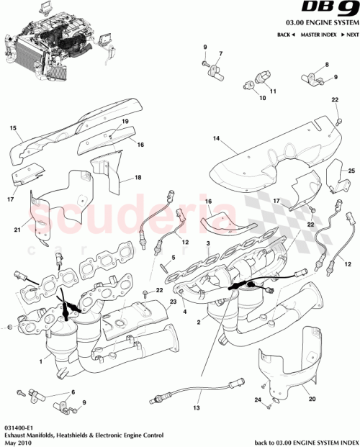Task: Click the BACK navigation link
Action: pos(286,35)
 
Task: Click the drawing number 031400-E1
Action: pos(17,427)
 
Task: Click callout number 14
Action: pos(214,137)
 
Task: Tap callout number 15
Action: pos(12,130)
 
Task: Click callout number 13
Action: pos(196,408)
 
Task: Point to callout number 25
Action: pos(351,171)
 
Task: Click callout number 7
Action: pos(221,55)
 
